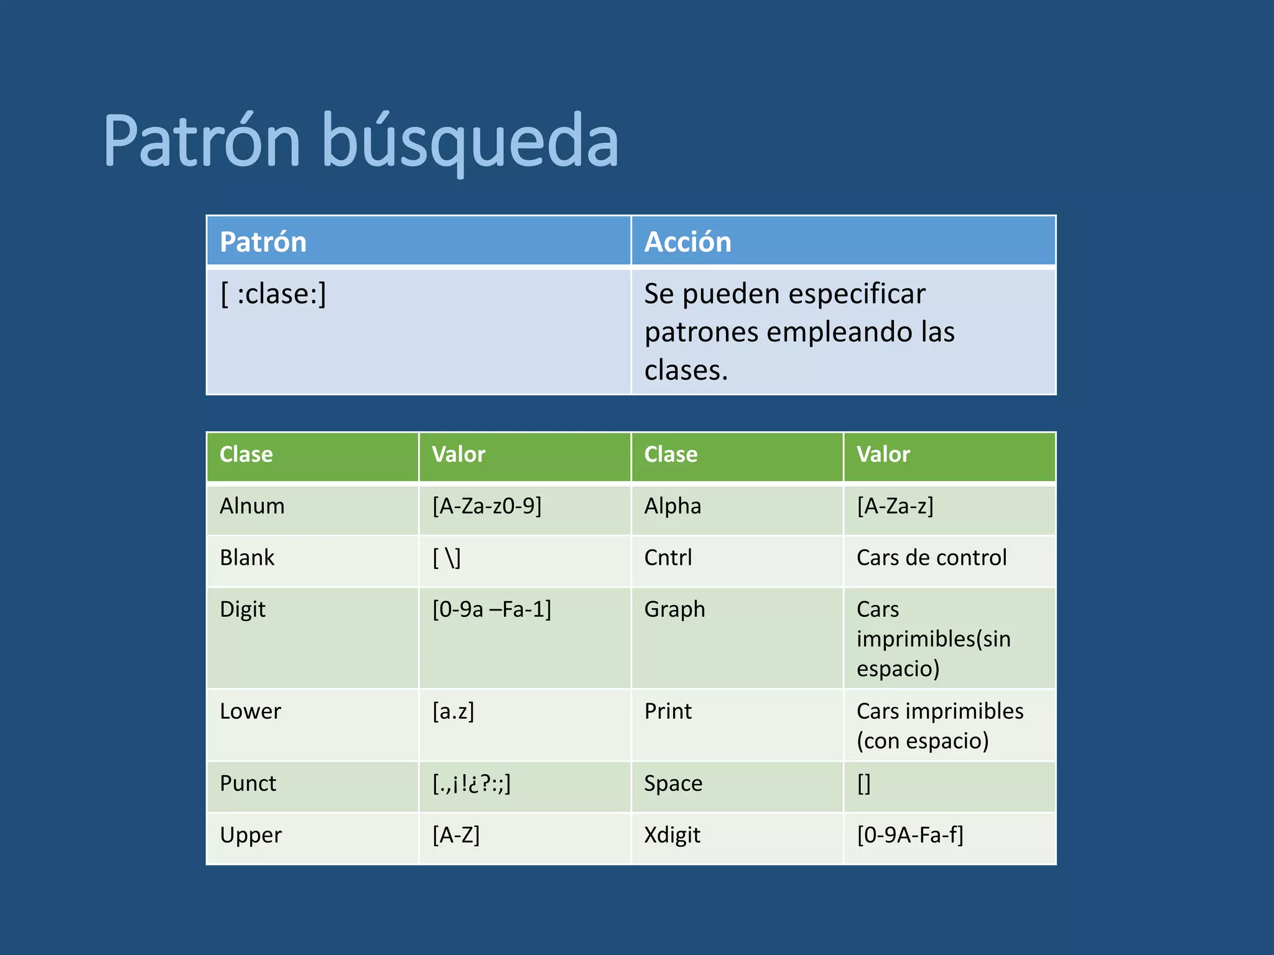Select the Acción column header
[x=687, y=242]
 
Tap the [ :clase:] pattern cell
[x=273, y=294]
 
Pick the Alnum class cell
[x=252, y=506]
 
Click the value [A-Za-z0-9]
[x=487, y=506]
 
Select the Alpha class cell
[x=672, y=506]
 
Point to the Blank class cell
[x=247, y=558]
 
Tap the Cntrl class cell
[x=667, y=558]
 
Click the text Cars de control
[x=931, y=558]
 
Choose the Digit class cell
[x=243, y=609]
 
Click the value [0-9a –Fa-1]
[x=491, y=609]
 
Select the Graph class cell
[x=674, y=609]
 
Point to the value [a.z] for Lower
[x=453, y=711]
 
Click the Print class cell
[x=667, y=711]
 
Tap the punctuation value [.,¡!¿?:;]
[x=472, y=783]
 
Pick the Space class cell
[x=673, y=783]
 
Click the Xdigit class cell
[x=672, y=835]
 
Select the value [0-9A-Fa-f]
[x=910, y=835]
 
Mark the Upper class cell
[x=251, y=835]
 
